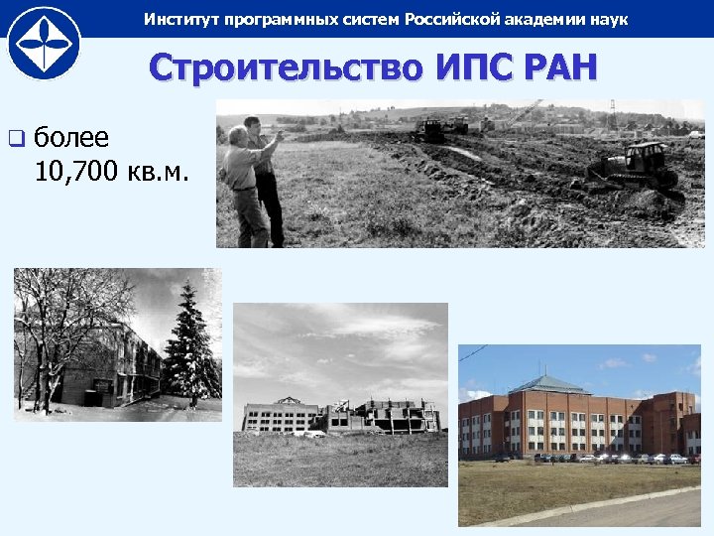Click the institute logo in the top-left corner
(x=44, y=43)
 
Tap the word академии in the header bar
(x=547, y=20)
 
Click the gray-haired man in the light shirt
(x=243, y=184)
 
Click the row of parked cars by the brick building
(x=595, y=459)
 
